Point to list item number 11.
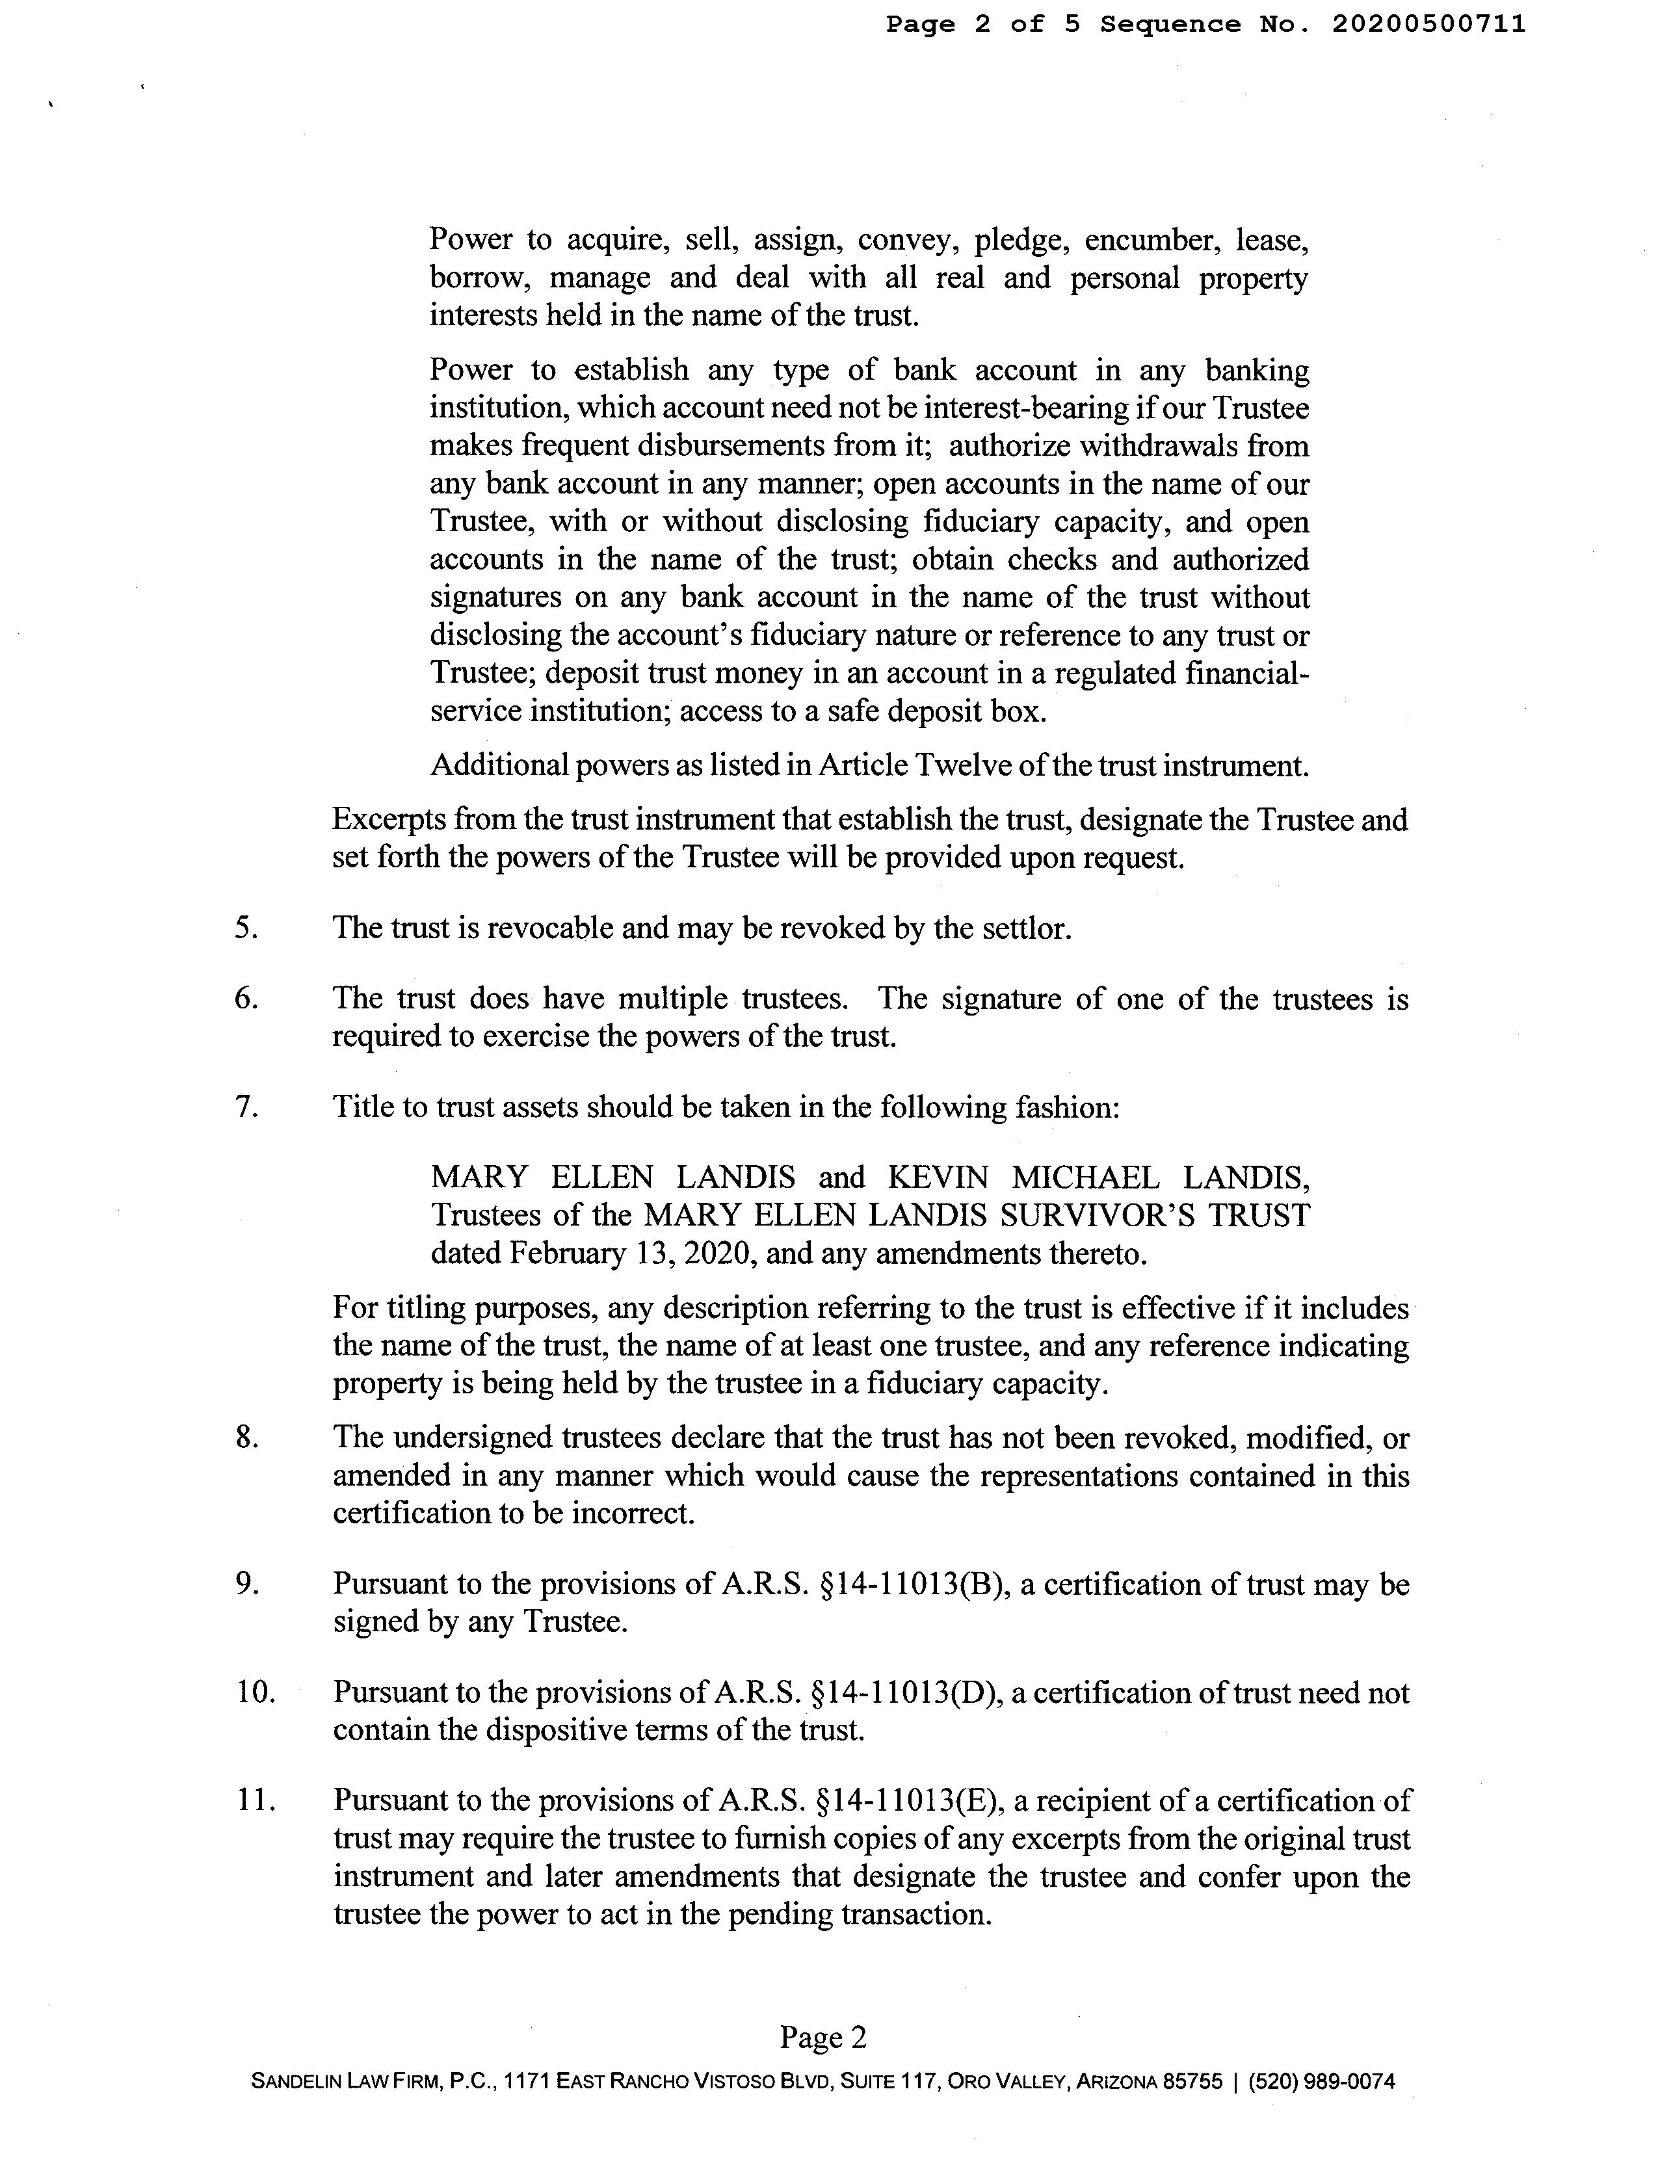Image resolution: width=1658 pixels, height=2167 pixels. (x=254, y=1801)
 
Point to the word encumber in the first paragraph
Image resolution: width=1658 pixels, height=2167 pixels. (x=1147, y=240)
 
